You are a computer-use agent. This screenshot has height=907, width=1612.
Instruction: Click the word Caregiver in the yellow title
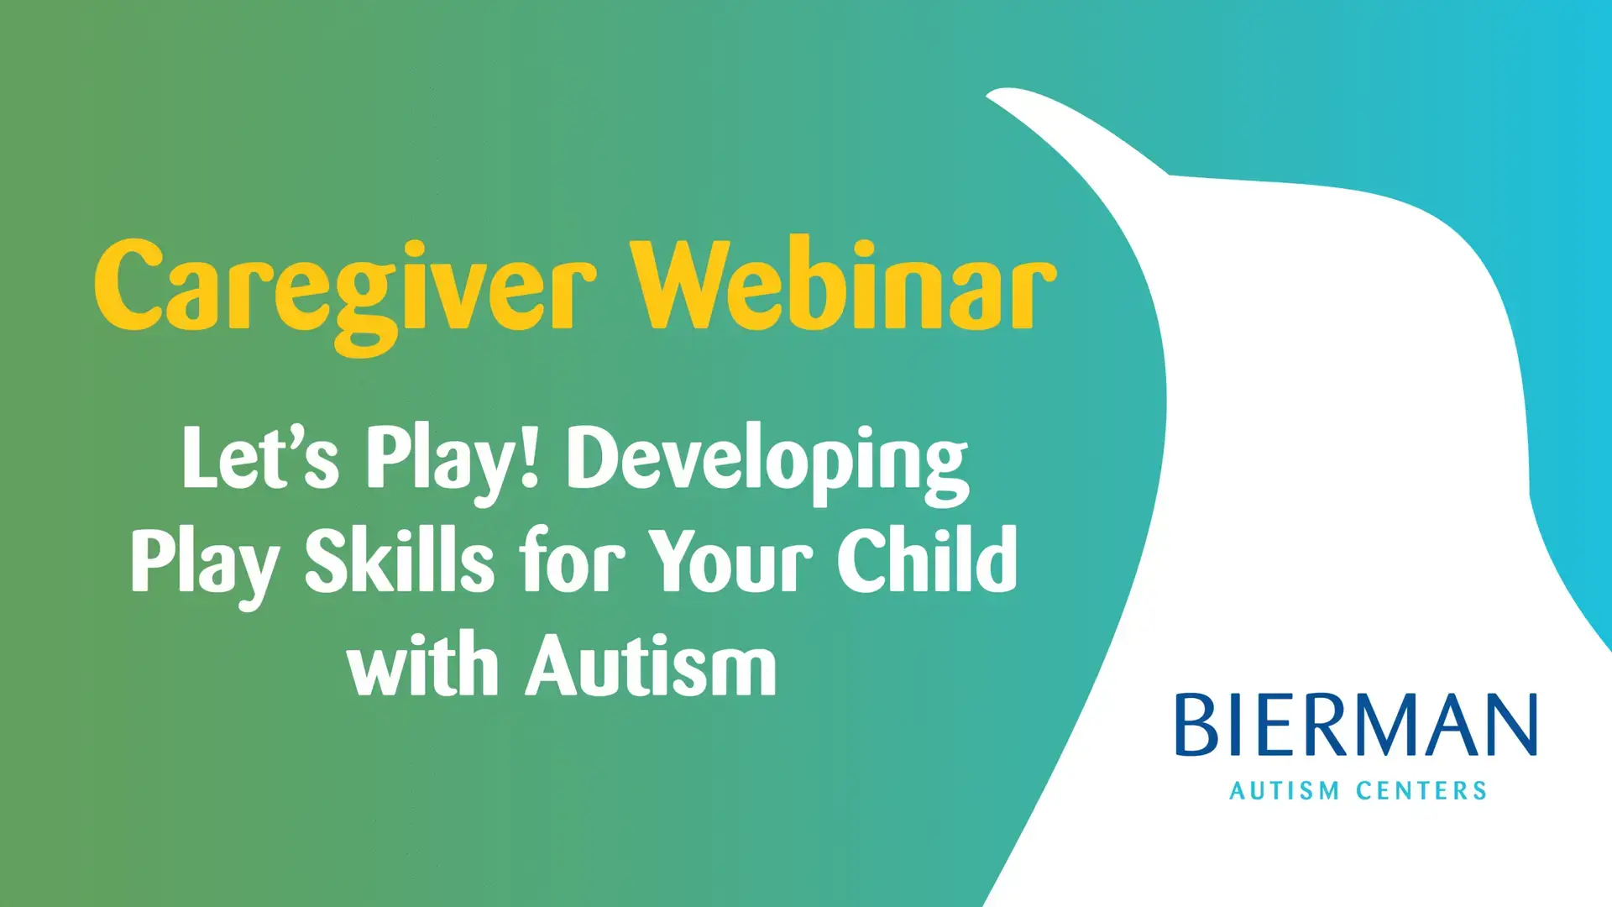pyautogui.click(x=346, y=294)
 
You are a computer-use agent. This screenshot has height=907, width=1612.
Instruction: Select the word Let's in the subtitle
pyautogui.click(x=260, y=457)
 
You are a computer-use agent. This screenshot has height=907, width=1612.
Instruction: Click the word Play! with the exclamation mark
pyautogui.click(x=453, y=464)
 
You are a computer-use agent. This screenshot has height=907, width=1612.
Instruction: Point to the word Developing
pyautogui.click(x=767, y=464)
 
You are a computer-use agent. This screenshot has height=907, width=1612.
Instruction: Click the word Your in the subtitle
pyautogui.click(x=730, y=558)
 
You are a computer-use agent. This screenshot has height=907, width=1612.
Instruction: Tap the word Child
pyautogui.click(x=927, y=558)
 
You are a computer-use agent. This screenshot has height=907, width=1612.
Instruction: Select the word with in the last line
pyautogui.click(x=422, y=663)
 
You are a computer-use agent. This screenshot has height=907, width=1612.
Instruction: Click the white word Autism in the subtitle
pyautogui.click(x=651, y=663)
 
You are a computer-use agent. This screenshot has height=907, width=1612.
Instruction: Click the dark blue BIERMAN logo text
pyautogui.click(x=1356, y=724)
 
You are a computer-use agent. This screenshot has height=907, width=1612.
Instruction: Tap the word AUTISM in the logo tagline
pyautogui.click(x=1285, y=790)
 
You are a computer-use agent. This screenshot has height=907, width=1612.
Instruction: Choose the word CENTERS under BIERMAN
pyautogui.click(x=1421, y=790)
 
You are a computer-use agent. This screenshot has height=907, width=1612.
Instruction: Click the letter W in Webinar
pyautogui.click(x=681, y=284)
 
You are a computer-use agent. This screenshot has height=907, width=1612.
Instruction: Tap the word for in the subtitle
pyautogui.click(x=572, y=558)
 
